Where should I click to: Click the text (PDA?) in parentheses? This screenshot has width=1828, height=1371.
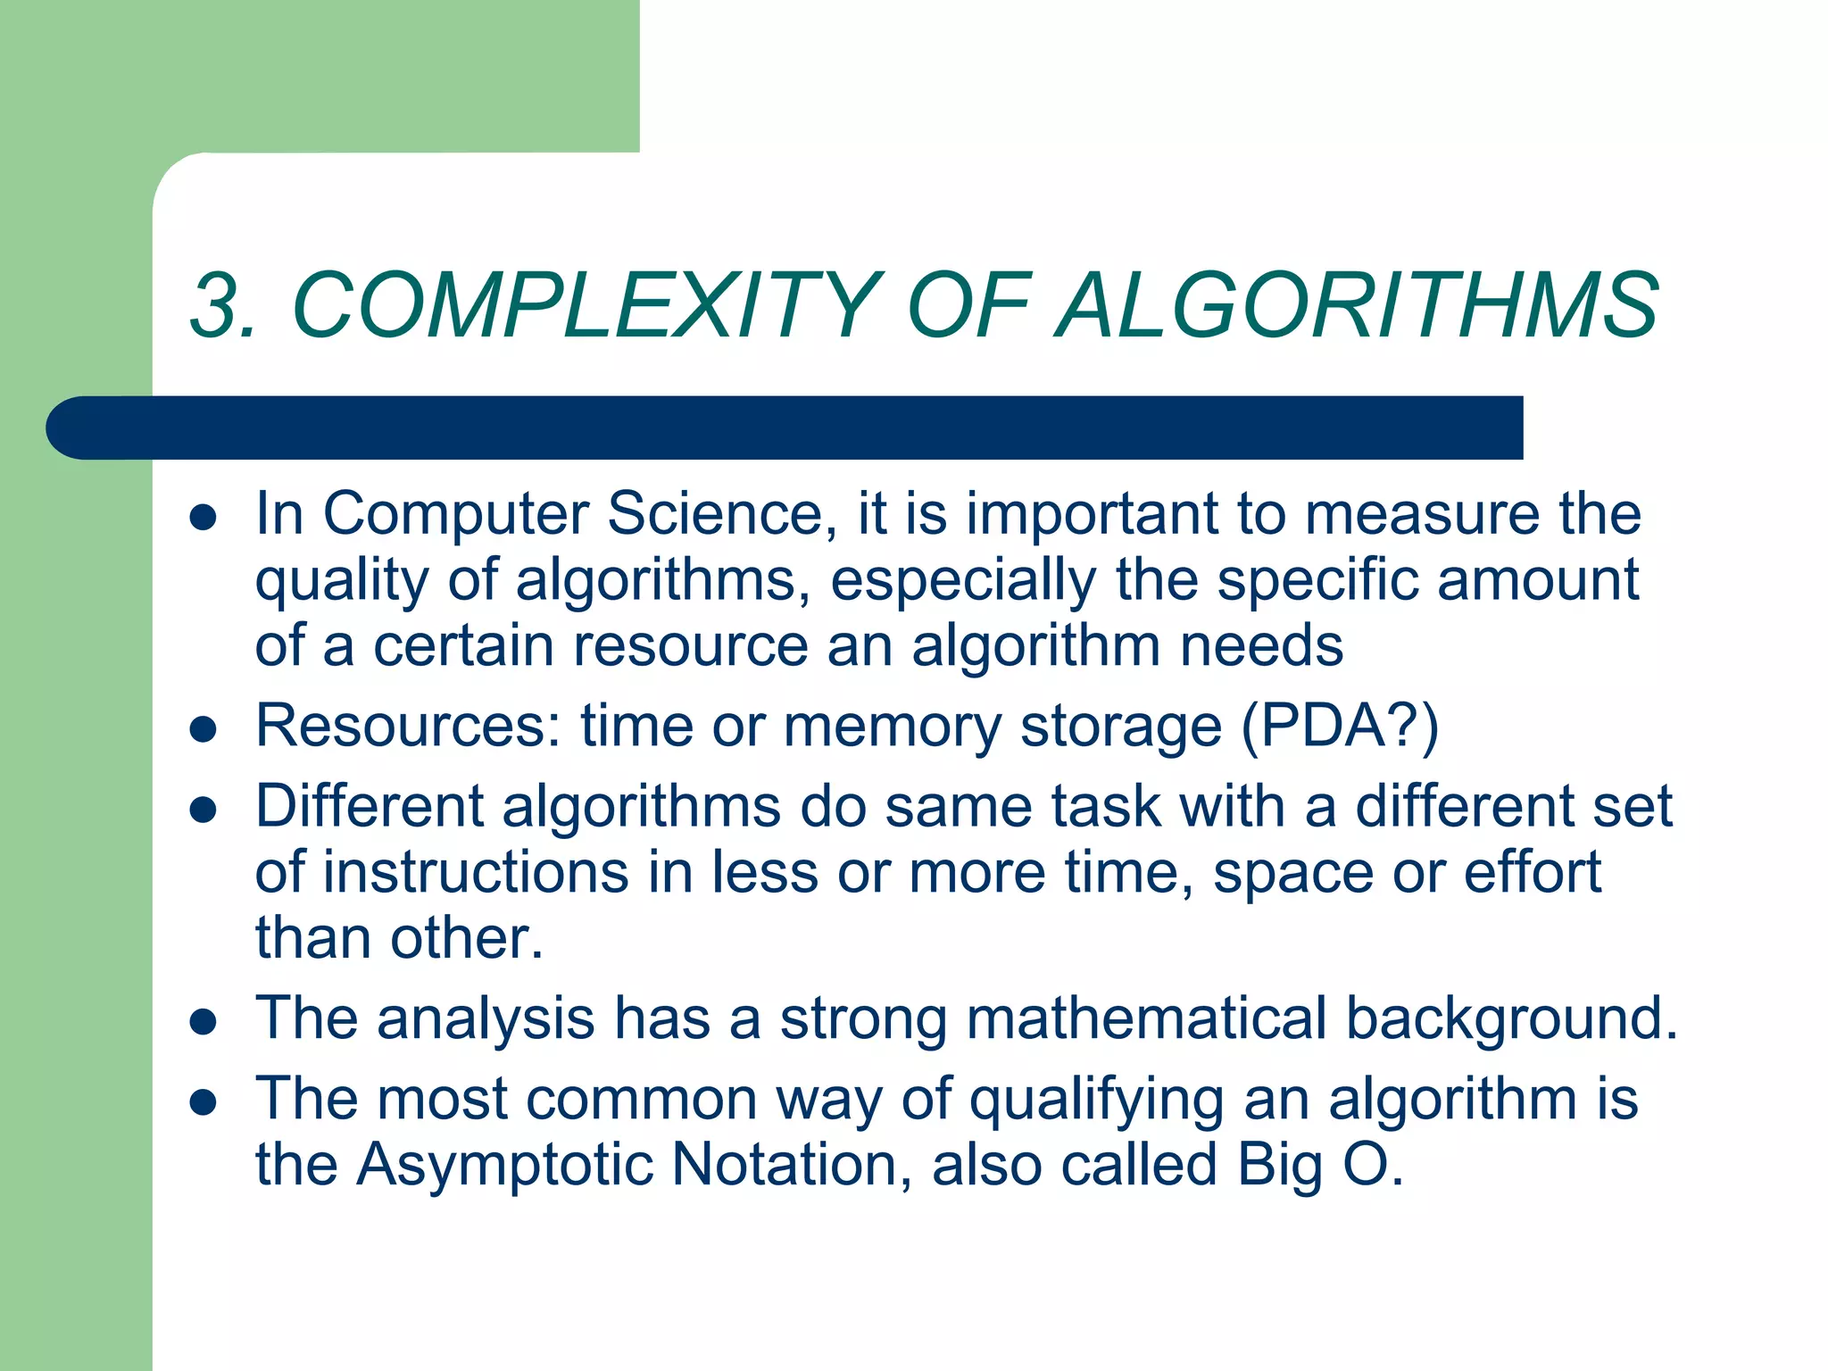[x=1340, y=727]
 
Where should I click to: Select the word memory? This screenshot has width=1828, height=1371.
[x=893, y=727]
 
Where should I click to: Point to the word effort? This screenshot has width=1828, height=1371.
[x=1533, y=872]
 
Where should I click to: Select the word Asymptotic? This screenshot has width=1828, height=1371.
[x=504, y=1166]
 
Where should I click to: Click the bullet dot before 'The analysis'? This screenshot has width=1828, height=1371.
[x=204, y=1022]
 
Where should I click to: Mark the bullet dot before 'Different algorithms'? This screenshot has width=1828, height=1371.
[x=204, y=810]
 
